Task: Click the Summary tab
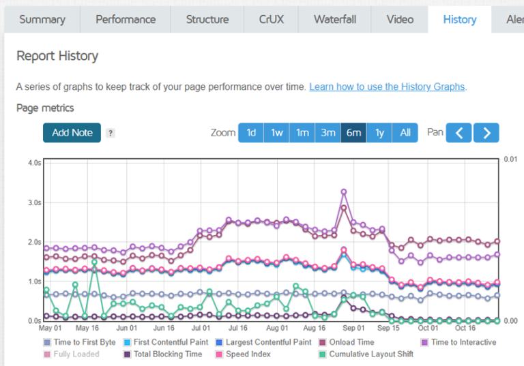pyautogui.click(x=42, y=19)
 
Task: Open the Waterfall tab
pyautogui.click(x=335, y=19)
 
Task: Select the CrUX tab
pyautogui.click(x=271, y=19)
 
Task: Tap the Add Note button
pyautogui.click(x=72, y=133)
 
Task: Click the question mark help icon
pyautogui.click(x=111, y=133)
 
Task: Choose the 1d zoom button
pyautogui.click(x=251, y=133)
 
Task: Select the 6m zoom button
pyautogui.click(x=353, y=133)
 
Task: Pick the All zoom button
pyautogui.click(x=405, y=133)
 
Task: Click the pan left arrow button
pyautogui.click(x=458, y=133)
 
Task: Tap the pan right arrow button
pyautogui.click(x=486, y=133)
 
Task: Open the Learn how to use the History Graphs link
pyautogui.click(x=387, y=87)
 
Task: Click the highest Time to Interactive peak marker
pyautogui.click(x=344, y=192)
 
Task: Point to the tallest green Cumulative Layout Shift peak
pyautogui.click(x=94, y=262)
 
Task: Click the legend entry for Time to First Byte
pyautogui.click(x=80, y=342)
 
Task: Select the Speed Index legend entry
pyautogui.click(x=244, y=354)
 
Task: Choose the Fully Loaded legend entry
pyautogui.click(x=72, y=354)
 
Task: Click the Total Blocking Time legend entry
pyautogui.click(x=163, y=354)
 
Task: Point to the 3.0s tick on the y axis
pyautogui.click(x=34, y=202)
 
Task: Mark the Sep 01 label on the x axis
pyautogui.click(x=353, y=328)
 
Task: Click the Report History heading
pyautogui.click(x=57, y=56)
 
